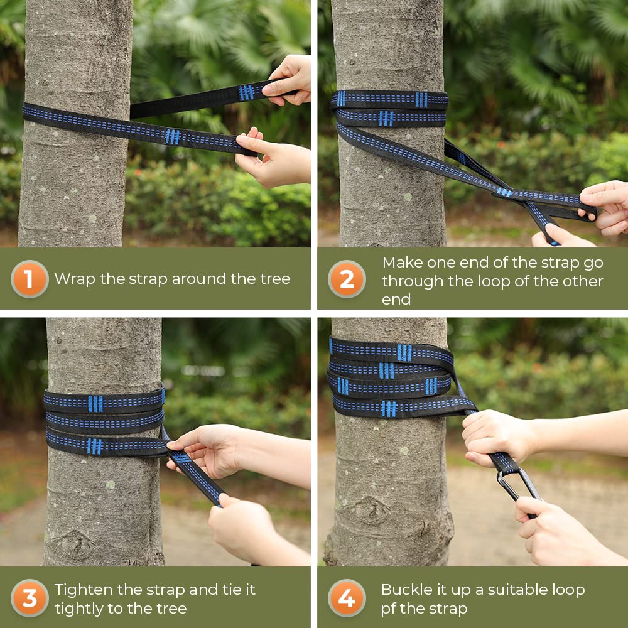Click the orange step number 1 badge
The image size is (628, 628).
point(30,279)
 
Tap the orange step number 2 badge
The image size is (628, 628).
point(347,279)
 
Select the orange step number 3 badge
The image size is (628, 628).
point(30,598)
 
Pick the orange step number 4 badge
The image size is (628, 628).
point(347,598)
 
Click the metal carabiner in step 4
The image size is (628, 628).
point(519,489)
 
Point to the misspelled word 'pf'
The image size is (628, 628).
point(389,609)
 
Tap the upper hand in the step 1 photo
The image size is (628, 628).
point(289,80)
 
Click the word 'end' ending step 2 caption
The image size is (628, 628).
point(396,300)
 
